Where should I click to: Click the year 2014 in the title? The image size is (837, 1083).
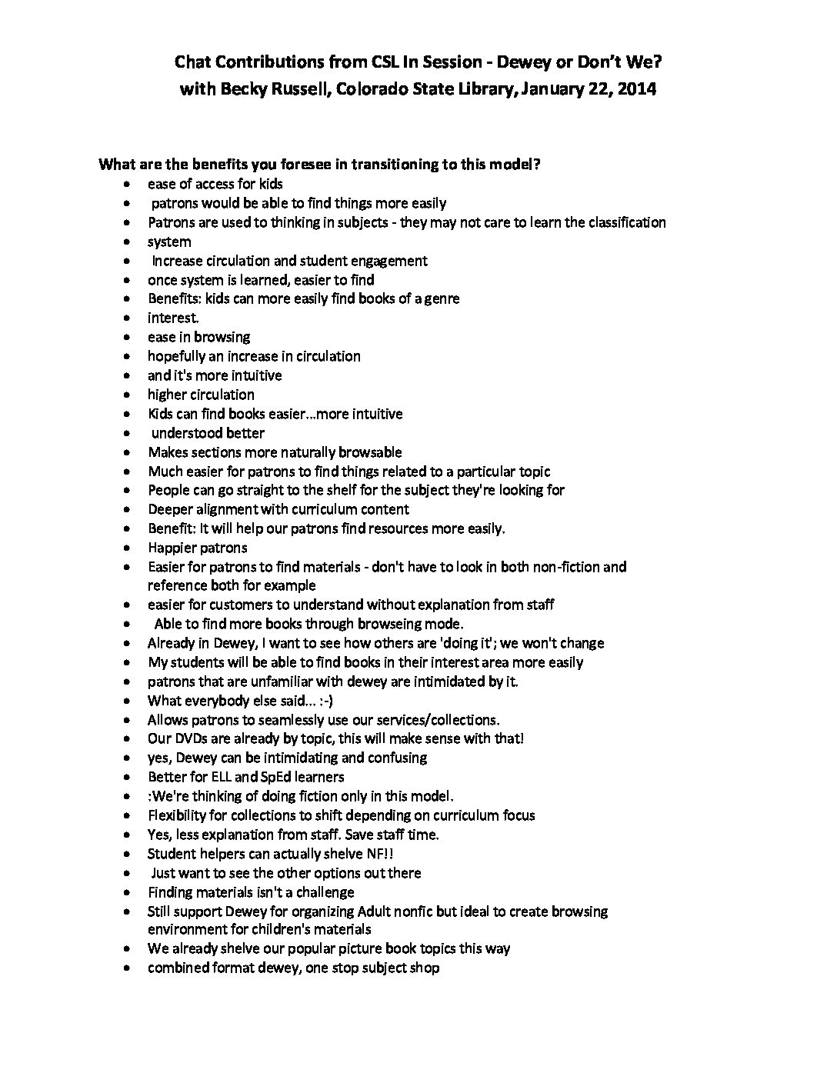(x=636, y=89)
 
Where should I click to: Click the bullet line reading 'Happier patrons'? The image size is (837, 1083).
(x=198, y=548)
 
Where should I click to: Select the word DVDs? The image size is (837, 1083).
(x=188, y=738)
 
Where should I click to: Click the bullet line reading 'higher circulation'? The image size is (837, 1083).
(x=201, y=395)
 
